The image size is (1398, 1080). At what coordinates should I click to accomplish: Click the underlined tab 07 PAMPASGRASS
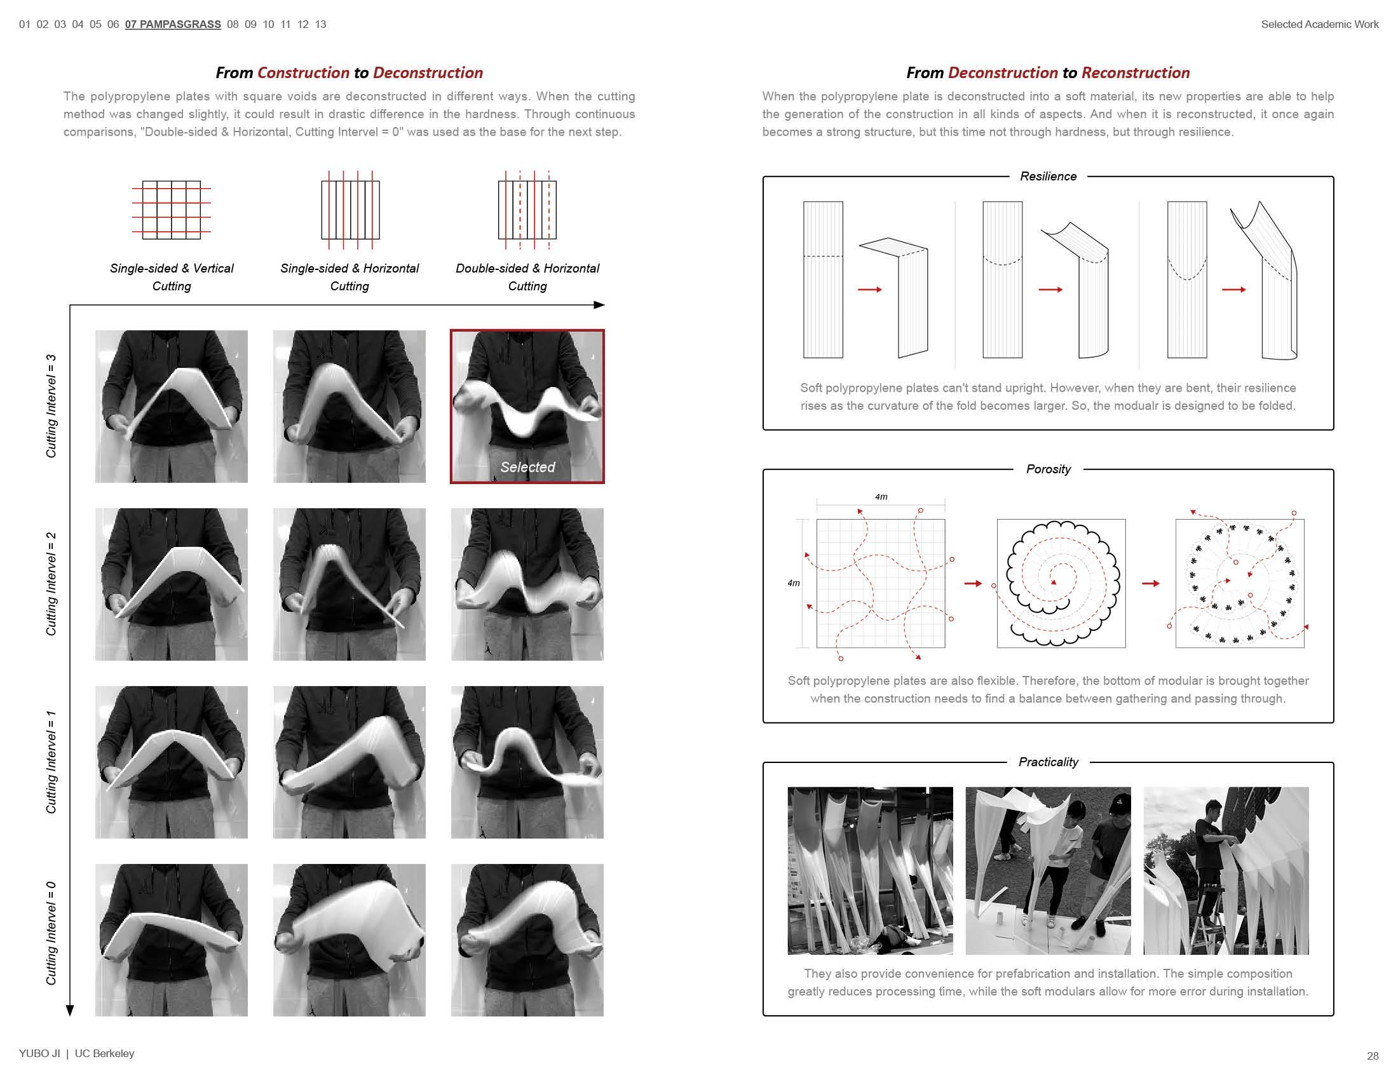[173, 24]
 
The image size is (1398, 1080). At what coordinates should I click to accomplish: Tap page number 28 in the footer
[1373, 1056]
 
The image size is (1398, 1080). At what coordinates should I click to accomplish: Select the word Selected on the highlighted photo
[527, 467]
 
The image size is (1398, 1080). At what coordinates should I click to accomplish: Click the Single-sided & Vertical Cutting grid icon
[172, 210]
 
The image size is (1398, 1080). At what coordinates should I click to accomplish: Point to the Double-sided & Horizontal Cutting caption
[527, 277]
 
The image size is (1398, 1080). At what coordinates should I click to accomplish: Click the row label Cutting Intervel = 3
[51, 407]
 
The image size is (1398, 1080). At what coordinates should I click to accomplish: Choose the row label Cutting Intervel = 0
[51, 933]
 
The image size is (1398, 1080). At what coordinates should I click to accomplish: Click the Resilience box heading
[1048, 177]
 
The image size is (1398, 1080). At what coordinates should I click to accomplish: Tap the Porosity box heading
[1048, 469]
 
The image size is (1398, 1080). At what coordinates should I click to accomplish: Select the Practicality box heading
[1048, 762]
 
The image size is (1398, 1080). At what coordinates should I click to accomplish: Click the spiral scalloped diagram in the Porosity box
[1061, 583]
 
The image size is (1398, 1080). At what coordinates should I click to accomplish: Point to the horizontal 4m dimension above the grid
[881, 497]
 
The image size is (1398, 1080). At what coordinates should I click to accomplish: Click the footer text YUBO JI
[39, 1053]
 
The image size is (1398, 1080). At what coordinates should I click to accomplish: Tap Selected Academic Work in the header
[1319, 24]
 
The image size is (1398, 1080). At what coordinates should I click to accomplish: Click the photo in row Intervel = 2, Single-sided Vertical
[172, 584]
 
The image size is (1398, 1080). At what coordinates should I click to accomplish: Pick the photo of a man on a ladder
[1226, 870]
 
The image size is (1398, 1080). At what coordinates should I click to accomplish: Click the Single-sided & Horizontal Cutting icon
[350, 210]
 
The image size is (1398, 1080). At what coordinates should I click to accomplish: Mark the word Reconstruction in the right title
[1135, 73]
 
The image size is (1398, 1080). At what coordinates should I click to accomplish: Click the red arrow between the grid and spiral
[973, 583]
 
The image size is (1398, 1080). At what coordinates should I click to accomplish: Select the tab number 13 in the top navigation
[321, 24]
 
